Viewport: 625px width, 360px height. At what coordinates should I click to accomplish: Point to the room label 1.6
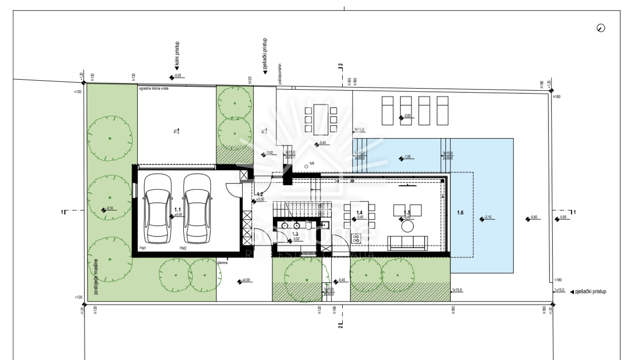tap(460, 213)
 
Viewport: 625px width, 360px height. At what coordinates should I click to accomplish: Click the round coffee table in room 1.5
tap(407, 227)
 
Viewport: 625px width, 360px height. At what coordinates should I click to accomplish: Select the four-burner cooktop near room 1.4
tap(357, 239)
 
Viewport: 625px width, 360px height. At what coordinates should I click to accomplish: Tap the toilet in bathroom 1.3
tap(309, 226)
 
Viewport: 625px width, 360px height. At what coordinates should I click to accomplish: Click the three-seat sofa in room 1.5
tap(408, 242)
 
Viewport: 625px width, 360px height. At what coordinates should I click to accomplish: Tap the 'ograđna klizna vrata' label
tap(154, 89)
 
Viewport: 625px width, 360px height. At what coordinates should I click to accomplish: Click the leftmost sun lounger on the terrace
tap(389, 110)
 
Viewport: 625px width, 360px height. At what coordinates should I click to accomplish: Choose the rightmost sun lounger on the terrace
tap(443, 110)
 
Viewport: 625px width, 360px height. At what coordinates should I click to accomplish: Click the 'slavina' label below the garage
tap(223, 263)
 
